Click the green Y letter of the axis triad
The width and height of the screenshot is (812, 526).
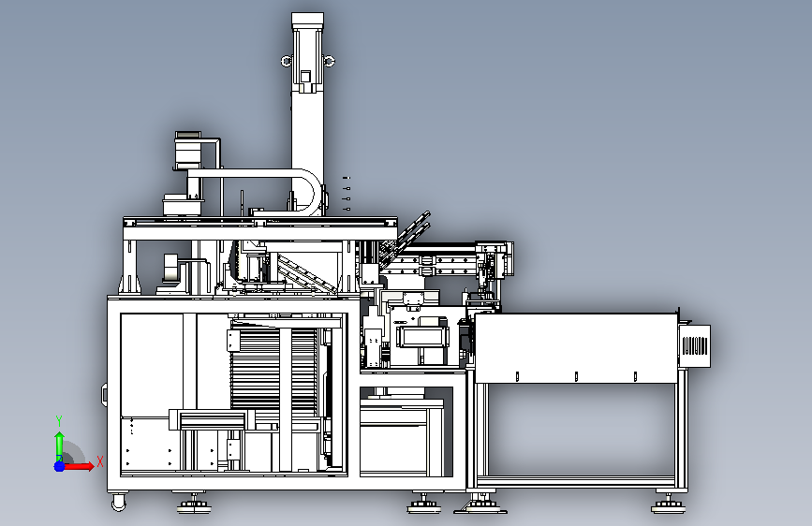pyautogui.click(x=59, y=421)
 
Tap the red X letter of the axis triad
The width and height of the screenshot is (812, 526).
pyautogui.click(x=100, y=461)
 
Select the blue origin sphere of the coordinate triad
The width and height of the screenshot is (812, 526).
pyautogui.click(x=59, y=466)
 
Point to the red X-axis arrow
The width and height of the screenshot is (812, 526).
pyautogui.click(x=79, y=466)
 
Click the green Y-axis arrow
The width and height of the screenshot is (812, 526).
pyautogui.click(x=59, y=446)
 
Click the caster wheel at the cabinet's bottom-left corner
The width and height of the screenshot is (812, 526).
pyautogui.click(x=119, y=502)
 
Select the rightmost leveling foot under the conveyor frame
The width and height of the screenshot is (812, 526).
pyautogui.click(x=668, y=504)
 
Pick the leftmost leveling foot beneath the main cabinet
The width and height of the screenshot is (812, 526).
pyautogui.click(x=194, y=504)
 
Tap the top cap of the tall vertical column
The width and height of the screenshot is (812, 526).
pyautogui.click(x=307, y=20)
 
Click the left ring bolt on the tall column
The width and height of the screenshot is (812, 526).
pyautogui.click(x=287, y=61)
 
